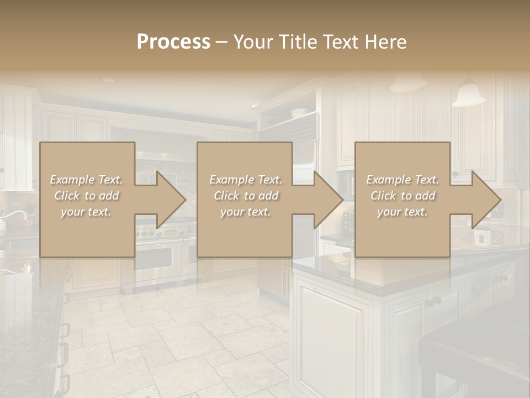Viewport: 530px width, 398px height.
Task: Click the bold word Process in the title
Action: (173, 42)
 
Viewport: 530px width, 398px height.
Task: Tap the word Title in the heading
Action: (297, 42)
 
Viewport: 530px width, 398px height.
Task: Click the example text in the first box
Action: (86, 196)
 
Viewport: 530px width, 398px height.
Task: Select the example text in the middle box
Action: (245, 196)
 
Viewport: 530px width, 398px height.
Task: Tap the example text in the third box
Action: (402, 196)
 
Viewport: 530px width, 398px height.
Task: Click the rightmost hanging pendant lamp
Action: (468, 95)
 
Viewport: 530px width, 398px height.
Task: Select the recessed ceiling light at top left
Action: (109, 80)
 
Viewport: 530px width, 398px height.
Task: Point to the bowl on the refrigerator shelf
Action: (299, 112)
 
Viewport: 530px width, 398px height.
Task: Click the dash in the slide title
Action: (221, 42)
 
